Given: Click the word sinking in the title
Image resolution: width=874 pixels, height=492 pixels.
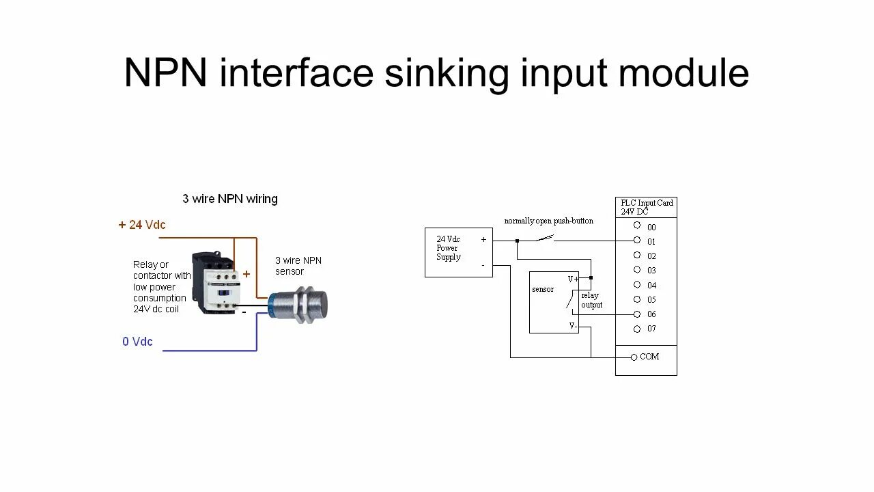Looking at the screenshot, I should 447,74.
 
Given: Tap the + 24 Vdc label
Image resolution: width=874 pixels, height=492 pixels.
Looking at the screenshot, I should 142,225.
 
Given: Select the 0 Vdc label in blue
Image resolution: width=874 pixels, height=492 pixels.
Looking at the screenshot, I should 137,342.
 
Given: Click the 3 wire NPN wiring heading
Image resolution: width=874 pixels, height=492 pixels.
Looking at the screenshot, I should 230,199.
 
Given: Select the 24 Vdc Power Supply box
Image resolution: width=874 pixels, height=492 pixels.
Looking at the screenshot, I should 458,252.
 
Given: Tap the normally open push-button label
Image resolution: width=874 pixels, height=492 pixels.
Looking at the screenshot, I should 548,221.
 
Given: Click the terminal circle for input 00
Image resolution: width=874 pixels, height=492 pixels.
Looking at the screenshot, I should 636,225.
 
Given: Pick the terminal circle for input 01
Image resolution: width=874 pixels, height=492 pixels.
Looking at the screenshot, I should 636,240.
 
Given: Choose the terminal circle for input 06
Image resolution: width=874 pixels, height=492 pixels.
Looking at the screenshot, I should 636,314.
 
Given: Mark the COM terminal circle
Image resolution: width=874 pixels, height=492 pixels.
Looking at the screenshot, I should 634,357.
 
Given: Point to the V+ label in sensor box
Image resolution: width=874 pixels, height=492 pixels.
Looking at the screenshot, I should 573,279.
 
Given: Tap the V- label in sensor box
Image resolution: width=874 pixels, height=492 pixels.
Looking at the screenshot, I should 573,327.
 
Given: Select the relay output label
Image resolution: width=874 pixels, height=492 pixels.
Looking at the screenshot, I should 591,300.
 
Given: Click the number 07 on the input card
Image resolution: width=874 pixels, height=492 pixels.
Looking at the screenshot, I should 651,329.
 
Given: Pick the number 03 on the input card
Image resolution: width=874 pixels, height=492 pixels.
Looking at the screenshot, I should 651,271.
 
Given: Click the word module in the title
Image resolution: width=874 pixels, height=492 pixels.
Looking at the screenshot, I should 683,74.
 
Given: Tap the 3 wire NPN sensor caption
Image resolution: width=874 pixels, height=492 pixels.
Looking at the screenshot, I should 298,266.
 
